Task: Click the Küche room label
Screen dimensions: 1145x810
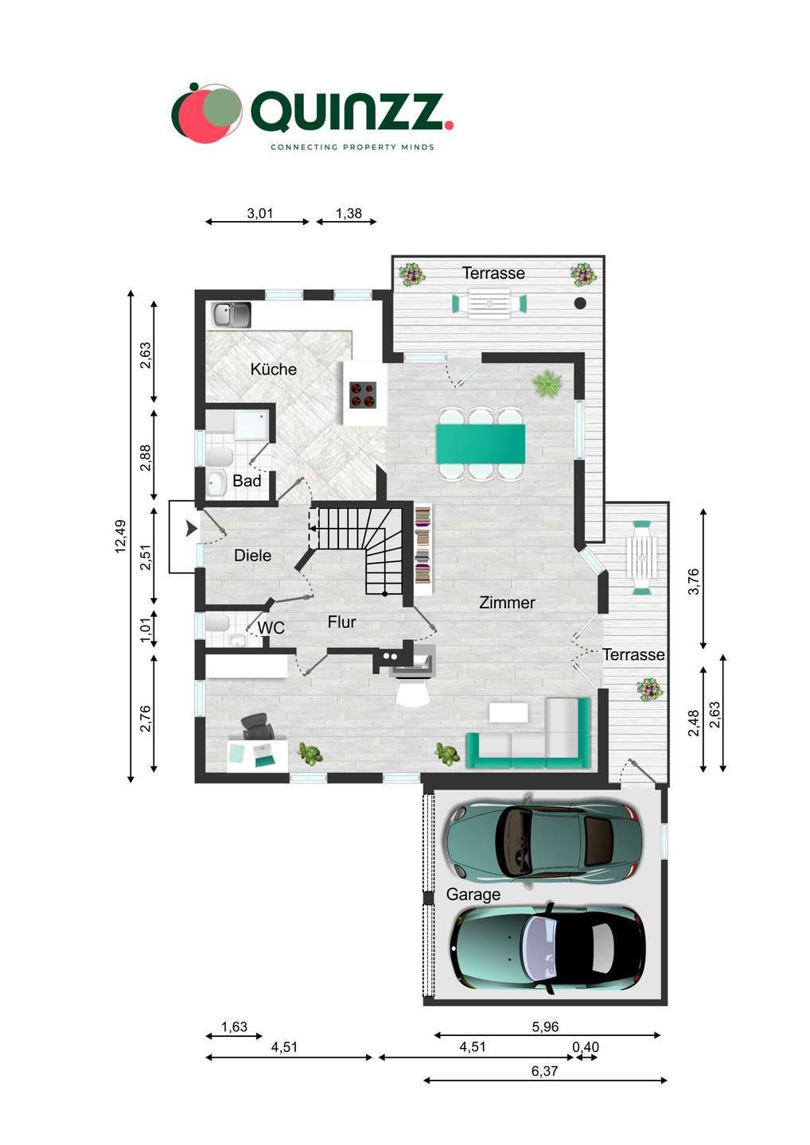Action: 273,369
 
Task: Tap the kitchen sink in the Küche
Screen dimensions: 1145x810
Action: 231,315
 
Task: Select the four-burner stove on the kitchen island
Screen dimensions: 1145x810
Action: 363,394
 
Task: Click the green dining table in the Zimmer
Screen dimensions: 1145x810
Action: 481,444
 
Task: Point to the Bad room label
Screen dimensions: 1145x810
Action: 247,481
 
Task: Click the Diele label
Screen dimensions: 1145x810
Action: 252,556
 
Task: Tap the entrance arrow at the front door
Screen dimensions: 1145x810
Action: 191,528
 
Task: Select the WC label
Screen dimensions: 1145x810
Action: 271,628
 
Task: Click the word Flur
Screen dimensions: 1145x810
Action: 341,622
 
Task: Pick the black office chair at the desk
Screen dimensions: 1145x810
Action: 256,726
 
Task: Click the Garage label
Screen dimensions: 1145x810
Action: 473,895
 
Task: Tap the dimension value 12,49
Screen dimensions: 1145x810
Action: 120,536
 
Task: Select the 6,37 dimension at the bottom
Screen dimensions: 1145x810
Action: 544,1071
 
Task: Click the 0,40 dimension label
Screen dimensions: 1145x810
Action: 586,1047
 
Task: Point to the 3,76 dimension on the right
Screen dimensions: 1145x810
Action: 693,581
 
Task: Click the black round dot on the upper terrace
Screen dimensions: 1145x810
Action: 580,303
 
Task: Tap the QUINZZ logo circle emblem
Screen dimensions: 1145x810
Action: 207,113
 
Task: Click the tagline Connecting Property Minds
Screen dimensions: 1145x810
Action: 352,147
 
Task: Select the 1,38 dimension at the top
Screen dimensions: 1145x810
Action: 349,213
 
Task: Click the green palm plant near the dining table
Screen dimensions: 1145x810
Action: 547,384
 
